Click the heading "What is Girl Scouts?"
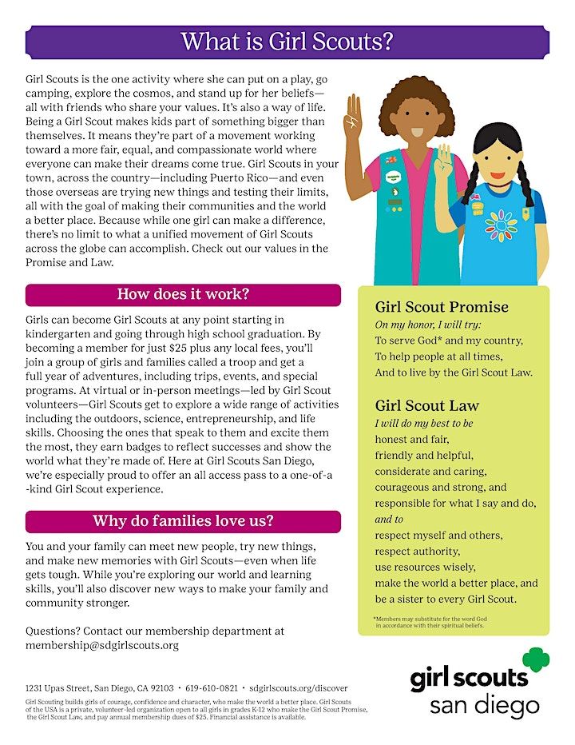(x=287, y=42)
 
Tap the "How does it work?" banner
(x=183, y=294)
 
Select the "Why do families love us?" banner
(x=183, y=521)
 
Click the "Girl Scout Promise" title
(x=442, y=308)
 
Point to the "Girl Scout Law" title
(x=427, y=405)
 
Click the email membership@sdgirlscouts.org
(x=102, y=645)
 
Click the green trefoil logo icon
(x=536, y=661)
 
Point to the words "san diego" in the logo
(x=484, y=706)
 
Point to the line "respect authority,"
(x=417, y=551)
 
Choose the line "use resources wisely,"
(x=425, y=567)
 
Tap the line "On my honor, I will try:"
(x=428, y=325)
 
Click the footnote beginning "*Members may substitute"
(x=439, y=622)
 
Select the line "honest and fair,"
(x=412, y=439)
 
